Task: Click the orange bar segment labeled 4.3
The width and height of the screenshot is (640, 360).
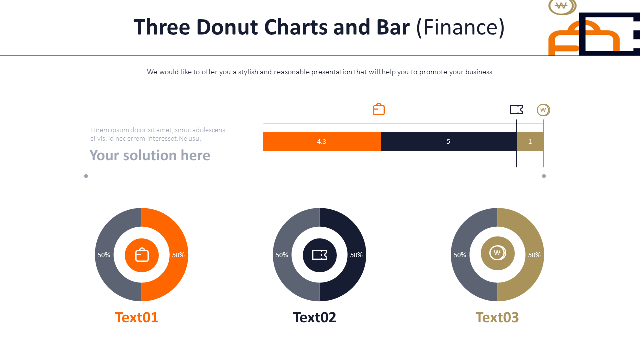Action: click(x=322, y=141)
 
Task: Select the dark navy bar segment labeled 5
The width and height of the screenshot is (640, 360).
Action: click(x=448, y=141)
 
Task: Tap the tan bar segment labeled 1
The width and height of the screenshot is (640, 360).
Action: click(x=530, y=141)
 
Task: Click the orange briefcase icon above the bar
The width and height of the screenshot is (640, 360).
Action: click(x=379, y=109)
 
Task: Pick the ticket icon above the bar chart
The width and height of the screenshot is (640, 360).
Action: click(x=516, y=109)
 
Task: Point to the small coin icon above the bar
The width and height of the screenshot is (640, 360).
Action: click(x=543, y=110)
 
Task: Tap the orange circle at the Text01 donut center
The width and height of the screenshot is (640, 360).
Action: click(x=142, y=255)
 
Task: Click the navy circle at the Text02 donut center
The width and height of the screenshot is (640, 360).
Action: click(x=320, y=255)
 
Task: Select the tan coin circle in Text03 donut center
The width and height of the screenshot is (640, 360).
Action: click(x=497, y=253)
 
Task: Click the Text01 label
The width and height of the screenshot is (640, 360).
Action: click(x=136, y=317)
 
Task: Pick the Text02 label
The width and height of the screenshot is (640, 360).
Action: click(x=314, y=317)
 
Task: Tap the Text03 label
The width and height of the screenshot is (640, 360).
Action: click(x=497, y=317)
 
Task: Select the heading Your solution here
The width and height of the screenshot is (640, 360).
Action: click(x=150, y=155)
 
